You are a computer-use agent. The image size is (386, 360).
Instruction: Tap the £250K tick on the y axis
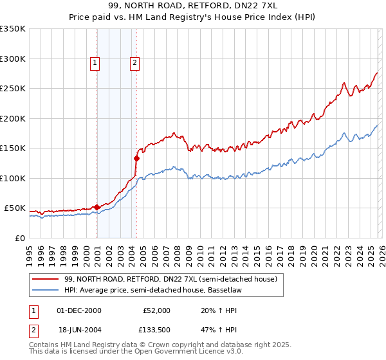(x=13, y=89)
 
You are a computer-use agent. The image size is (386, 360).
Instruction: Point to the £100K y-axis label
(x=13, y=178)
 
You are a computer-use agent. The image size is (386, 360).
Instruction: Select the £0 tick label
(x=19, y=238)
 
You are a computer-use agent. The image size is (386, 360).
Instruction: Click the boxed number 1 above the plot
(x=95, y=63)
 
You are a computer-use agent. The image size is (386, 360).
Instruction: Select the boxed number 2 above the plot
(x=135, y=63)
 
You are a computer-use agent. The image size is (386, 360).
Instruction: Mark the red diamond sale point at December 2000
(x=96, y=207)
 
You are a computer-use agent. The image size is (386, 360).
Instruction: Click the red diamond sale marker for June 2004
(x=136, y=157)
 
